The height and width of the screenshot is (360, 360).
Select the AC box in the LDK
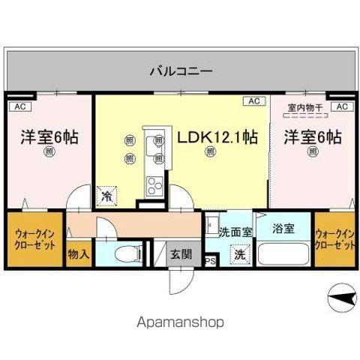point(253,101)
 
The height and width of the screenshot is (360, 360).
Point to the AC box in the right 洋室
point(341,107)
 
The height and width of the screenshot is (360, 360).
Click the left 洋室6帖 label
point(49,137)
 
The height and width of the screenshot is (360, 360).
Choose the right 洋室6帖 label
point(313,137)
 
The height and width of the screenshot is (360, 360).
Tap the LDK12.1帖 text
point(217,137)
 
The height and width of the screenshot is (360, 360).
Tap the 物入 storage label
point(79,254)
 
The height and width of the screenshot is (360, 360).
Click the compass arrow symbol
point(340,298)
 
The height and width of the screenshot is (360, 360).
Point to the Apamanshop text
point(180,322)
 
